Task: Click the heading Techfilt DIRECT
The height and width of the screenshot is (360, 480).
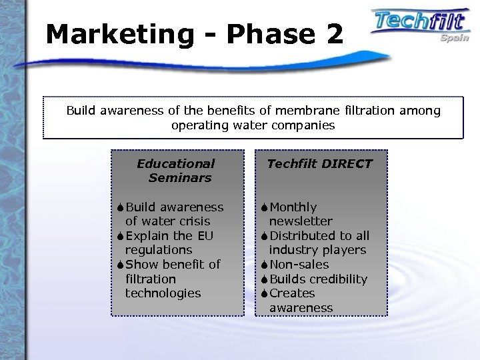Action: [319, 163]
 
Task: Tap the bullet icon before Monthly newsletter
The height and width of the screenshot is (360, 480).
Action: [265, 207]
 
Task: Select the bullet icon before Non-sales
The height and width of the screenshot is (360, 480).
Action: [265, 265]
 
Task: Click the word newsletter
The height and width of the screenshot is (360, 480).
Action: [301, 221]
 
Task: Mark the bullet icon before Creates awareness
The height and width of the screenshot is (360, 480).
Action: [265, 293]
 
